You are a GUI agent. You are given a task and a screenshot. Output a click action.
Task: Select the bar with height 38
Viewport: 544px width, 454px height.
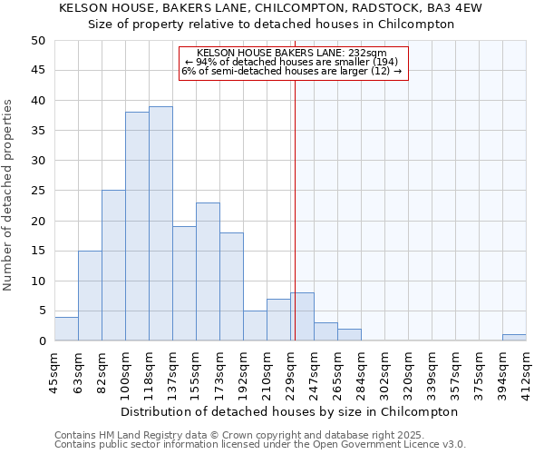(x=137, y=226)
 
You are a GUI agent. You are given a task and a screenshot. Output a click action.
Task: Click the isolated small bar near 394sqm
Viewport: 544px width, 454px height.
(x=514, y=338)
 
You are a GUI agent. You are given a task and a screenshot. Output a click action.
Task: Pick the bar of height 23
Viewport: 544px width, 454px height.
(x=208, y=271)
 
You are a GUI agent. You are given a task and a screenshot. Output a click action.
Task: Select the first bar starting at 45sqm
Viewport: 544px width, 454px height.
(x=66, y=329)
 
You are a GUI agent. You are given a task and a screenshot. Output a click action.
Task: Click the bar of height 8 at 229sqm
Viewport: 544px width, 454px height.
(x=302, y=317)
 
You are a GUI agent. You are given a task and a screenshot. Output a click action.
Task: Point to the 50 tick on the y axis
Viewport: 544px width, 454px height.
(x=37, y=41)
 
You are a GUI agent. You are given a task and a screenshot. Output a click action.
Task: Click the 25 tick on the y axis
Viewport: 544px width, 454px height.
(x=37, y=191)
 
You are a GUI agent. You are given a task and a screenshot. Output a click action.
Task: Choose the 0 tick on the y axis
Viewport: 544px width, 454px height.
(x=41, y=341)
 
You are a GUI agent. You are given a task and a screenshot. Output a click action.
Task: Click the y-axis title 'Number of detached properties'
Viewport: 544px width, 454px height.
(x=9, y=195)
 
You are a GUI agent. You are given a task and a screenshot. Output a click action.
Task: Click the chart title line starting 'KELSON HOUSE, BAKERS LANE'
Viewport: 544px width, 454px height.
(x=270, y=8)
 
